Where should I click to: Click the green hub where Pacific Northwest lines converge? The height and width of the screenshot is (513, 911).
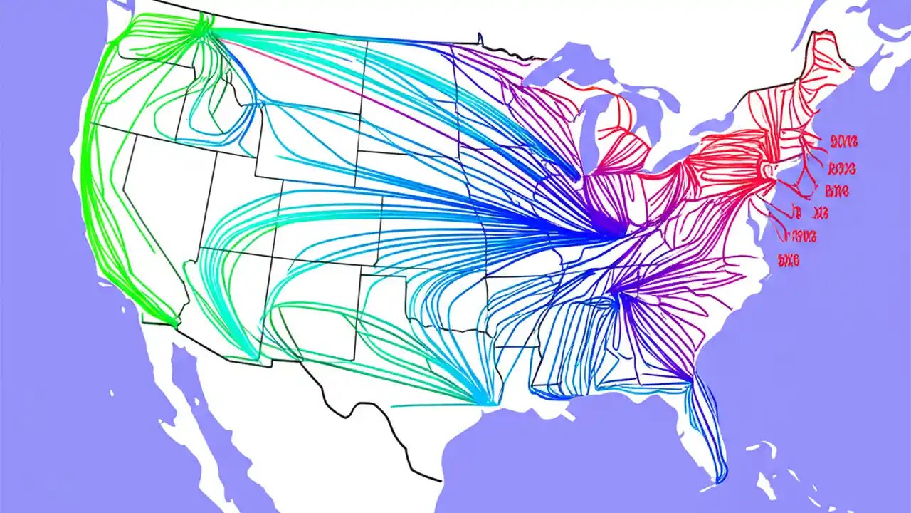(x=201, y=26)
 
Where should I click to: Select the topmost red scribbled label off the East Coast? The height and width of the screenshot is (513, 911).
(x=844, y=142)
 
